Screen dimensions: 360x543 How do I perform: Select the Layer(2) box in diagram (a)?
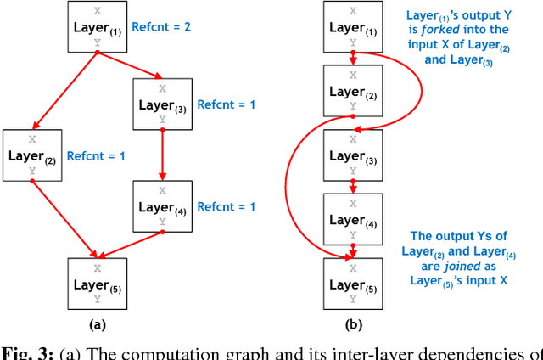(x=31, y=155)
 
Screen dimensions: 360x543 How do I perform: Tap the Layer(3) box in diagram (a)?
(x=161, y=104)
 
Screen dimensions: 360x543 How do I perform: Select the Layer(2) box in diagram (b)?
(x=352, y=90)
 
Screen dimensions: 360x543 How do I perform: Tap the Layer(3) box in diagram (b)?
(x=352, y=155)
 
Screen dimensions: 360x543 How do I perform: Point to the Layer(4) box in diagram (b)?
(x=352, y=219)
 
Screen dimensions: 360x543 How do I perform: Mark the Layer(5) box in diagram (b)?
(x=352, y=283)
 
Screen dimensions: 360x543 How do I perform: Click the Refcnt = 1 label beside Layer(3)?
(x=227, y=104)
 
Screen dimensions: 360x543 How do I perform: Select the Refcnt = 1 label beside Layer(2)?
(x=97, y=156)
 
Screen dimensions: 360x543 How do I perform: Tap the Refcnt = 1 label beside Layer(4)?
(x=227, y=206)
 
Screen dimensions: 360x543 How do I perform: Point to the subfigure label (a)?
(x=96, y=323)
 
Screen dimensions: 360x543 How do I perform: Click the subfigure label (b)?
(x=352, y=323)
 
